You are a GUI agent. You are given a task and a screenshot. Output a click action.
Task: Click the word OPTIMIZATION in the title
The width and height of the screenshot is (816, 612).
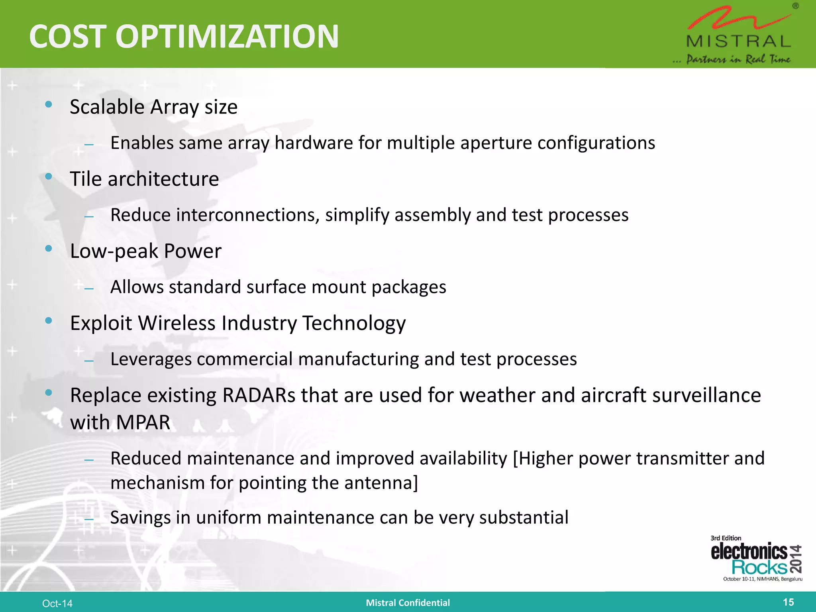(x=227, y=37)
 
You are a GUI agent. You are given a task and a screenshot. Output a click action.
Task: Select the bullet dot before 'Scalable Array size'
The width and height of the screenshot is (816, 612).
(x=49, y=105)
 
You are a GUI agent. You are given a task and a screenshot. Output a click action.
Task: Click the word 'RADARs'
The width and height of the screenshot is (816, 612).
(x=259, y=396)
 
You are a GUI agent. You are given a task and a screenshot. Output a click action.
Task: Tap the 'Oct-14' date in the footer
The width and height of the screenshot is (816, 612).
(x=57, y=604)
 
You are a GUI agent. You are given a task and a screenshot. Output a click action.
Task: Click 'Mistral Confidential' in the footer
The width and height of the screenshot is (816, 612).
(x=408, y=603)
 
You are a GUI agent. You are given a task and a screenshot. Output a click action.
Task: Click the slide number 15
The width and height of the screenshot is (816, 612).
(x=788, y=602)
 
